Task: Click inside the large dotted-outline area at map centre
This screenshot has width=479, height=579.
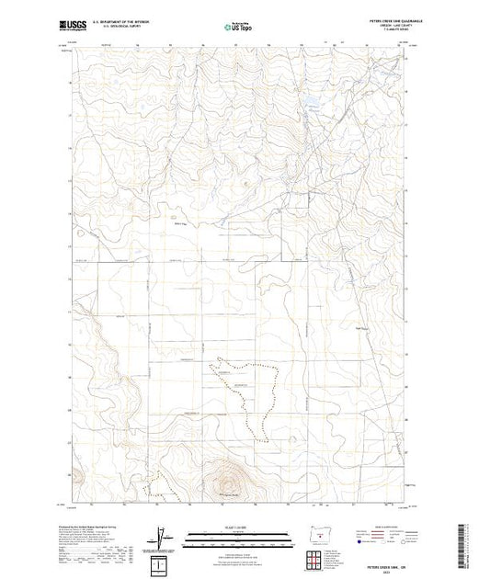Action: pyautogui.click(x=244, y=386)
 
